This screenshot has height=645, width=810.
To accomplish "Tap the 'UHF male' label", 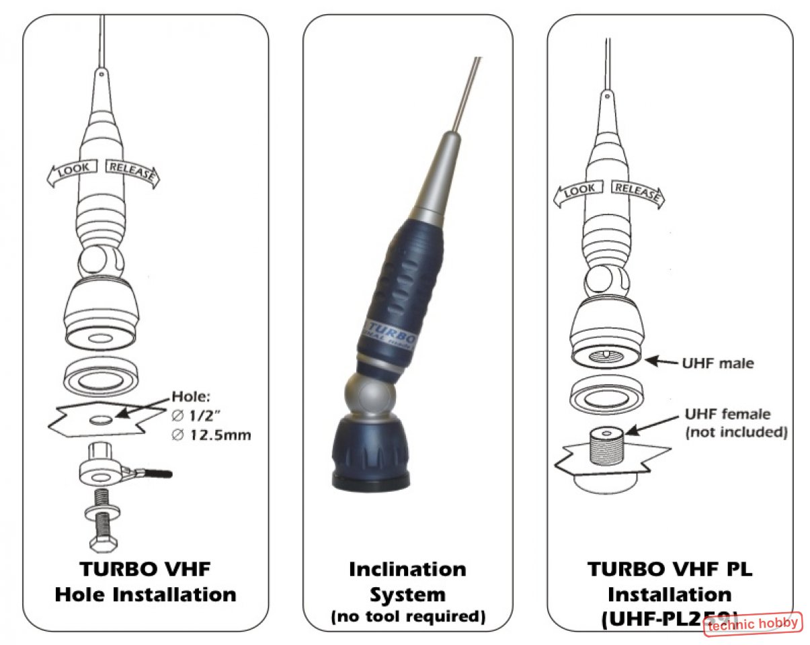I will (719, 363).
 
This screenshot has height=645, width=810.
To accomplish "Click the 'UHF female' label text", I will (727, 414).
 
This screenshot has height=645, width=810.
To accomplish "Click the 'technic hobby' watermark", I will (754, 623).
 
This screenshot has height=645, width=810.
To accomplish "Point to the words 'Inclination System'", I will (408, 581).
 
